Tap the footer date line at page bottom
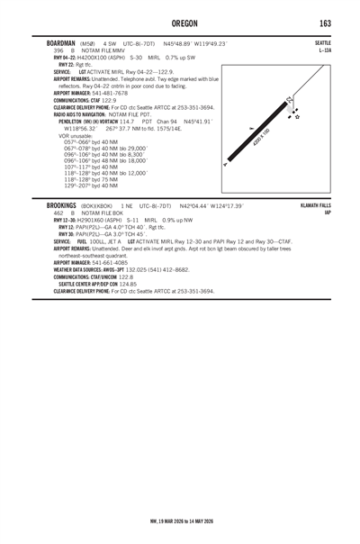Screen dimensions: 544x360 click(x=180, y=520)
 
